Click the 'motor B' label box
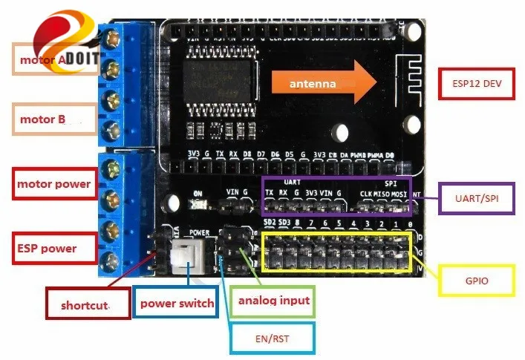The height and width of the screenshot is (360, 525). pos(56,120)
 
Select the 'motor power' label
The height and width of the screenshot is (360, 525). pos(55,184)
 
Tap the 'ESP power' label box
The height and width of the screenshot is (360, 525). pos(55,248)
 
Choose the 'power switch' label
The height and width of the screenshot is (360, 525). pos(177,303)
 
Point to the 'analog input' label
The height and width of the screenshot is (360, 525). pos(273,301)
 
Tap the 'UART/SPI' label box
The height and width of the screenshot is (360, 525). pos(476,198)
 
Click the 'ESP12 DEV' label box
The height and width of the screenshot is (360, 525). pos(477,84)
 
